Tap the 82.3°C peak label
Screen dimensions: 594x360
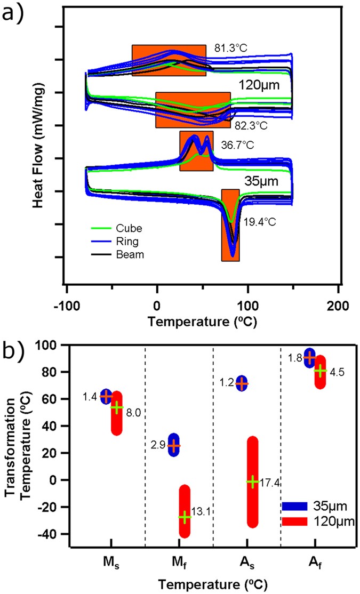tap(250, 126)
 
